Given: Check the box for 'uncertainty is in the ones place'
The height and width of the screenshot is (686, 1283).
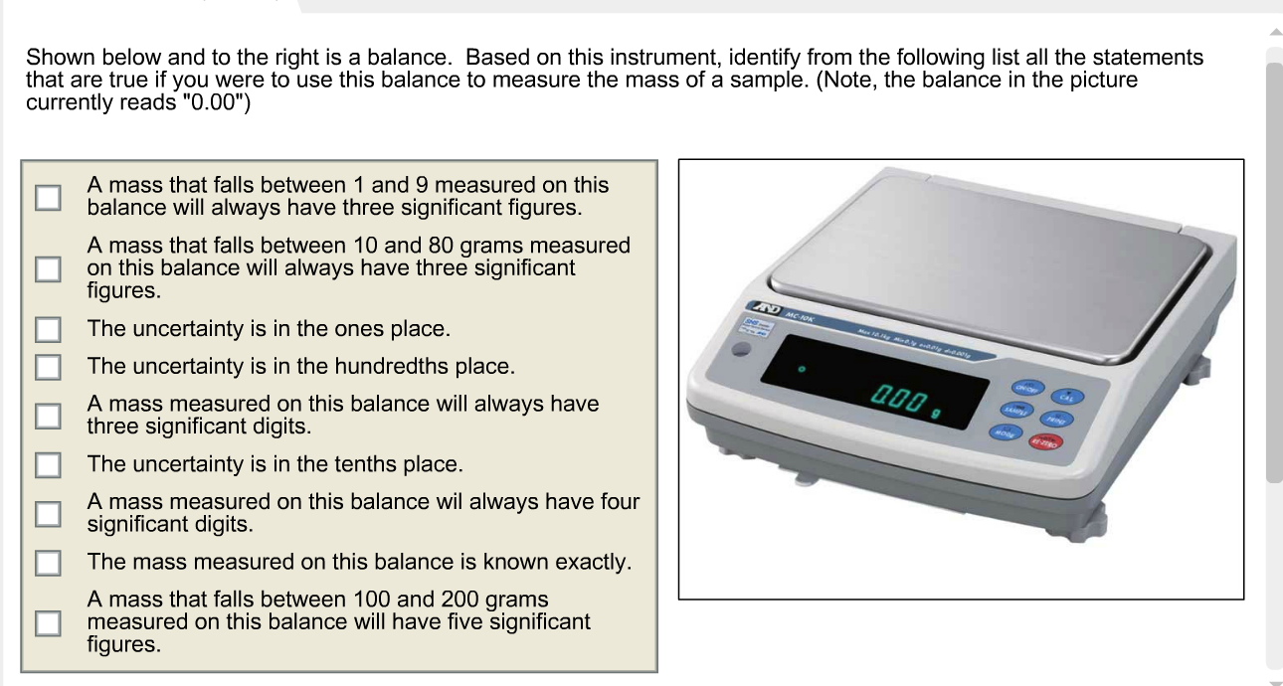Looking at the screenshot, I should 48,329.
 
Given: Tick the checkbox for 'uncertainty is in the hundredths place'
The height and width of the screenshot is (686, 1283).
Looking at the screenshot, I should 48,367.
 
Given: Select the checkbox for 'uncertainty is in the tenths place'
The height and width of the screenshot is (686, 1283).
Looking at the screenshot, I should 48,464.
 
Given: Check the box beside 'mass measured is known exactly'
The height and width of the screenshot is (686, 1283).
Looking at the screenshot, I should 48,562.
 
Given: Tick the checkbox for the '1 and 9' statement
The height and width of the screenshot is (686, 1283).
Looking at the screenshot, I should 48,197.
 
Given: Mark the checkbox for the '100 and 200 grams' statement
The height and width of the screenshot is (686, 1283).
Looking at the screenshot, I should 48,622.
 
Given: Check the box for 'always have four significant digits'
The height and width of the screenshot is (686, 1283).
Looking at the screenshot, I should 48,513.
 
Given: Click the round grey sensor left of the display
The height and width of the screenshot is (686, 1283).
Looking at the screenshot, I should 741,350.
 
